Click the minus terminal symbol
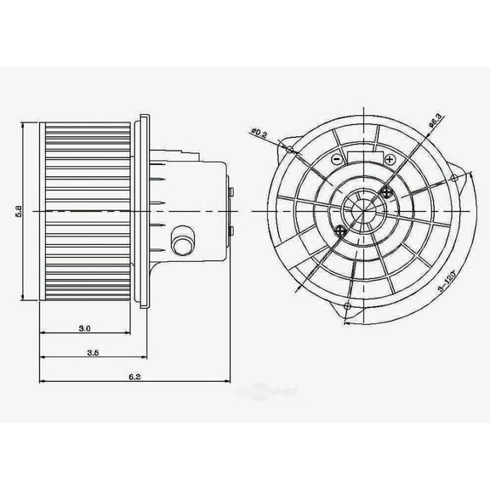(337, 160)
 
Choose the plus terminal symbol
(389, 160)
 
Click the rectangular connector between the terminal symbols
(362, 158)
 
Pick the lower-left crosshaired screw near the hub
(339, 231)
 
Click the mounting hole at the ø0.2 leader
(290, 151)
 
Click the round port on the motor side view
(179, 241)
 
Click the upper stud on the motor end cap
(230, 191)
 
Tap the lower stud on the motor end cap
(230, 230)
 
